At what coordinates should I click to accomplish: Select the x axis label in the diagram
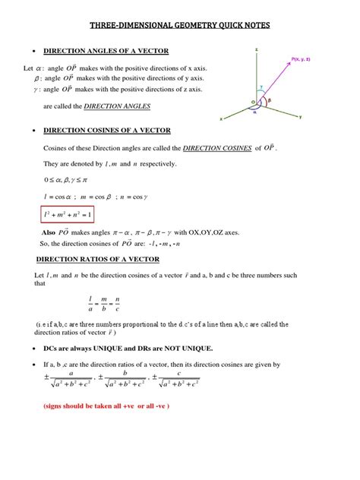pos(221,119)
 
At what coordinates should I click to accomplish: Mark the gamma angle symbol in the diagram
pos(260,87)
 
